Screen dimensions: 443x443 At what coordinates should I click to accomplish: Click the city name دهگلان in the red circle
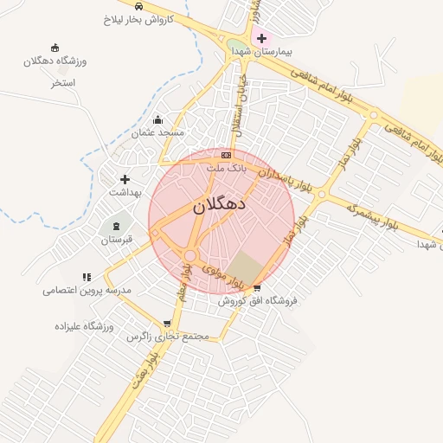(x=219, y=205)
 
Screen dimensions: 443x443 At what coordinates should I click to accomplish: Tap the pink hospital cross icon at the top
(x=261, y=39)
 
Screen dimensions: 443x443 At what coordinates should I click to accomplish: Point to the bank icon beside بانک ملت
(x=227, y=154)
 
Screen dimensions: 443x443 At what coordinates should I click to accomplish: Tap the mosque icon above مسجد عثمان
(x=157, y=120)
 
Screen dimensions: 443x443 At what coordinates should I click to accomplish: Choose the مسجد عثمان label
(x=157, y=133)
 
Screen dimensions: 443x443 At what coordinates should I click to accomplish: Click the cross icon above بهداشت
(x=125, y=179)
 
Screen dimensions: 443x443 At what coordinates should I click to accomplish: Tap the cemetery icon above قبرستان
(x=117, y=226)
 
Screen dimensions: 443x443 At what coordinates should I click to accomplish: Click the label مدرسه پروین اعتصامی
(x=87, y=291)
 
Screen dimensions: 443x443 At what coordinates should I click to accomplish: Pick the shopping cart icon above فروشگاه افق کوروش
(x=257, y=288)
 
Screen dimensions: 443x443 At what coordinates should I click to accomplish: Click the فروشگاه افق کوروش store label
(x=257, y=301)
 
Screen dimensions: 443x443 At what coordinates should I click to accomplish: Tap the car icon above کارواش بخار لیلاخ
(x=152, y=5)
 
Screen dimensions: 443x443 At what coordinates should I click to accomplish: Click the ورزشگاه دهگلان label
(x=55, y=61)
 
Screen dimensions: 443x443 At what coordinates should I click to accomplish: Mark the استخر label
(x=63, y=83)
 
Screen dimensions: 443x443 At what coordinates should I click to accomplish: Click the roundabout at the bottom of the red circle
(x=189, y=255)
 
